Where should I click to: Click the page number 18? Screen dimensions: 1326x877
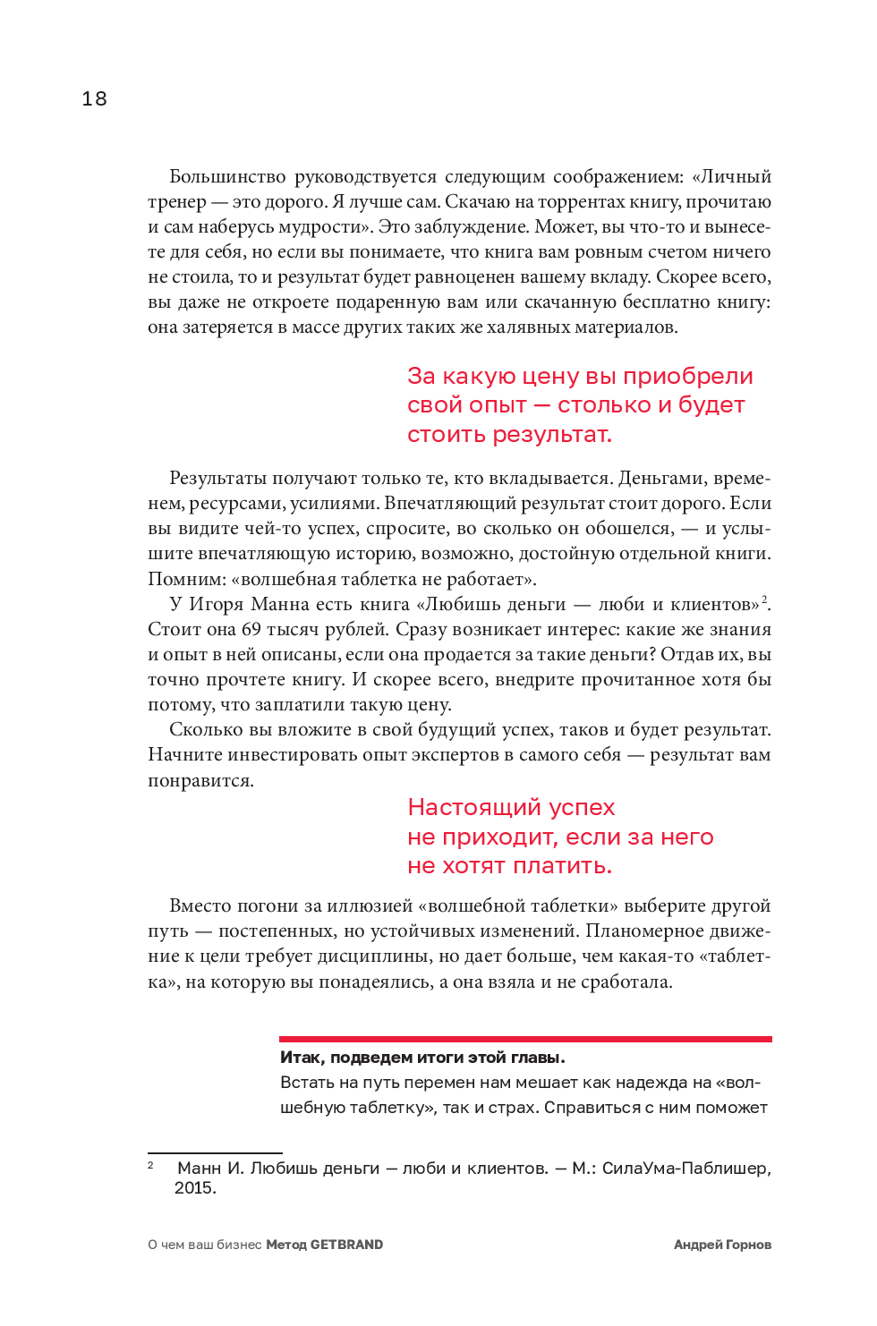coord(94,99)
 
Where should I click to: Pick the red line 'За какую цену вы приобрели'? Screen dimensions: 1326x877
coord(580,376)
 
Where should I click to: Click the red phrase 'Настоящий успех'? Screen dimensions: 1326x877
coord(511,807)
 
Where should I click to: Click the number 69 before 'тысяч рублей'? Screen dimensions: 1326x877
coord(251,629)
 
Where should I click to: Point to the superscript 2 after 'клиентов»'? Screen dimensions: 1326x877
coord(764,599)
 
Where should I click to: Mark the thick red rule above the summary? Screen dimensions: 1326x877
coord(525,1039)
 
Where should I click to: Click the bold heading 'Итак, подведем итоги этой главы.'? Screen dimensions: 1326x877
coord(422,1058)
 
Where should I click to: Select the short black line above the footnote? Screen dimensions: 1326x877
coord(215,1153)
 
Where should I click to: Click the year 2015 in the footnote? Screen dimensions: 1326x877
coord(194,1187)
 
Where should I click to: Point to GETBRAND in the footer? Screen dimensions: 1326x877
coord(346,1245)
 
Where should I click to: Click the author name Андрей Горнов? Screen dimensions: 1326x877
coord(722,1245)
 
